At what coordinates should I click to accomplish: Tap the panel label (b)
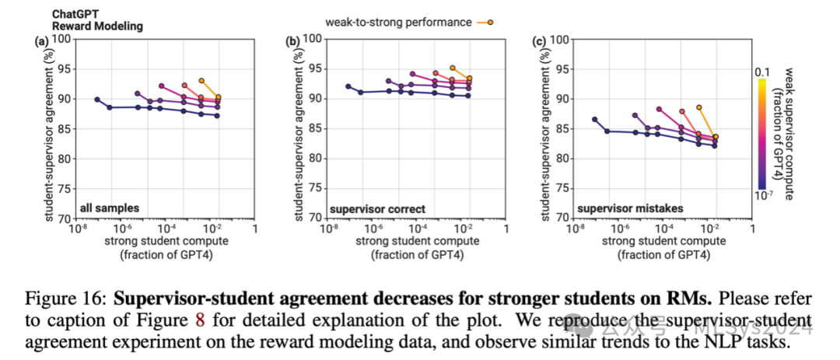293,40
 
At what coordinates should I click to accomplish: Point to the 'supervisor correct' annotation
368,208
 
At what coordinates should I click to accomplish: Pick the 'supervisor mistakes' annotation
618,208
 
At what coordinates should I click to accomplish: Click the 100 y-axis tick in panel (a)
64,39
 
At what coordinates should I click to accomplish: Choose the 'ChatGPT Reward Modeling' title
98,20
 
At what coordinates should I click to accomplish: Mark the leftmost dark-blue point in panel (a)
97,100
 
